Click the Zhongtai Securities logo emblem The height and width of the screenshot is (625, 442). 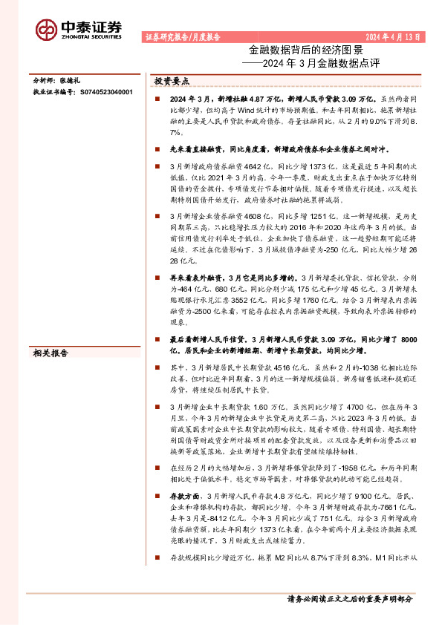[x=46, y=29]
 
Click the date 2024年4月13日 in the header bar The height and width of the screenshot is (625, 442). [x=397, y=36]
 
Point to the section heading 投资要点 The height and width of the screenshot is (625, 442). [x=172, y=80]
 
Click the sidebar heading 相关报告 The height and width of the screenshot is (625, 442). [x=49, y=353]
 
